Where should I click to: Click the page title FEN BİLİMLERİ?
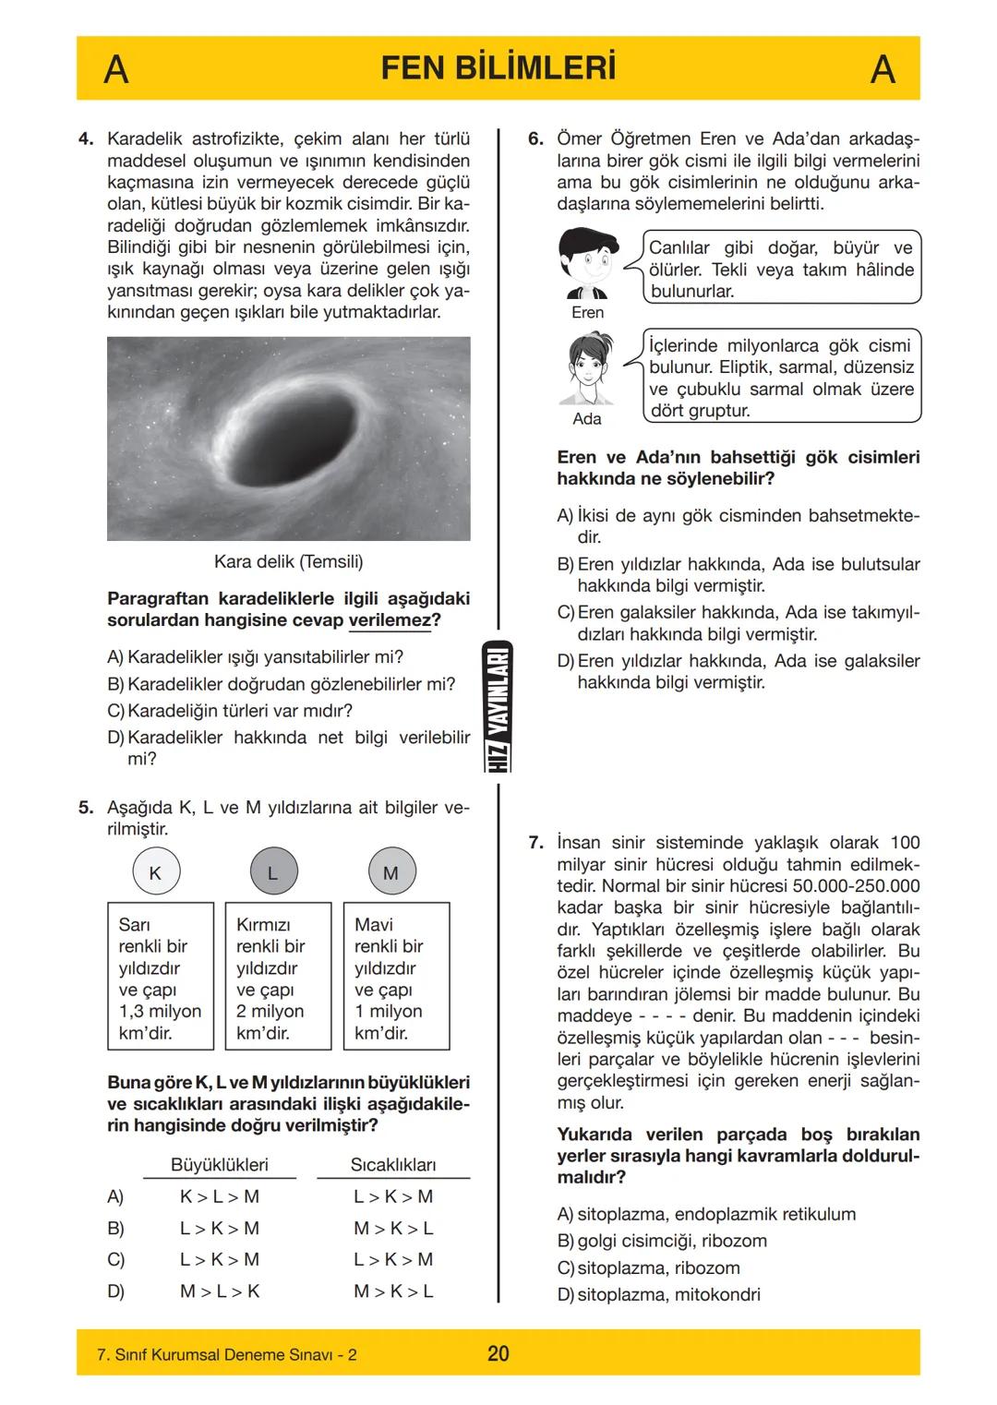(498, 69)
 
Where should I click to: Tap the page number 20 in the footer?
(498, 1354)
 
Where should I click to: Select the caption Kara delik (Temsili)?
(288, 561)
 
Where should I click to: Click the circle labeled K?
(155, 872)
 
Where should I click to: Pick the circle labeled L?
(272, 872)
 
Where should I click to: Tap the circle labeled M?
(390, 872)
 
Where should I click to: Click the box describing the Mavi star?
(396, 977)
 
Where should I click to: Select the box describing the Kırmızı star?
(278, 977)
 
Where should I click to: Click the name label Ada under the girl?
(587, 419)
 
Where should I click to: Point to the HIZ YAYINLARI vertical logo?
(498, 706)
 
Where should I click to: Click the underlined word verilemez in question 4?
(390, 620)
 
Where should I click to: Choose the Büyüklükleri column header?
(220, 1165)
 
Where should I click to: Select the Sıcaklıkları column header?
(393, 1165)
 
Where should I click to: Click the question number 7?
(535, 843)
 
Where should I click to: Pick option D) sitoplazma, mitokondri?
(659, 1294)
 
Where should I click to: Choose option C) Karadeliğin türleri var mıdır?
(230, 711)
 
